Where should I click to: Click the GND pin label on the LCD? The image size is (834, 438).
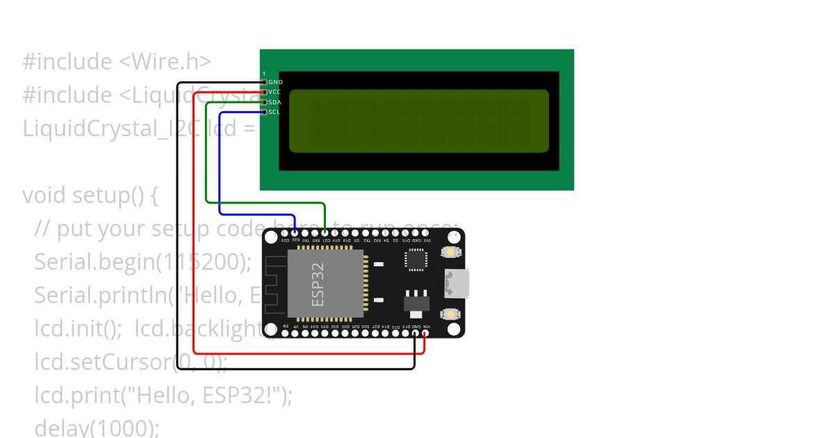click(276, 82)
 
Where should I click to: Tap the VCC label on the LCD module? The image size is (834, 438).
click(275, 92)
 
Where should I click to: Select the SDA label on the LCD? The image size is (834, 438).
click(275, 102)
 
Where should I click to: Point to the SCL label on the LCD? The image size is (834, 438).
click(275, 112)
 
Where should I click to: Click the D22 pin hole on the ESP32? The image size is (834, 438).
click(295, 233)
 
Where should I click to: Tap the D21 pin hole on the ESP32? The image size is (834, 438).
click(325, 233)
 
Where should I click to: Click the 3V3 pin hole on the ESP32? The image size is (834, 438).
click(426, 233)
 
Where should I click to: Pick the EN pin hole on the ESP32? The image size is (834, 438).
click(285, 333)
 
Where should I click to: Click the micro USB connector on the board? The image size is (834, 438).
click(459, 283)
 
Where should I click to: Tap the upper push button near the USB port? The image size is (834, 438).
click(452, 252)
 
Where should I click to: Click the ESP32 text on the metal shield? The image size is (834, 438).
click(318, 284)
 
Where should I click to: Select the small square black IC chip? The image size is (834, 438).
click(416, 259)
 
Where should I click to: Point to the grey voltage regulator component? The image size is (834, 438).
click(416, 300)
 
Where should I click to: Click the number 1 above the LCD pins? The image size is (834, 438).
click(264, 74)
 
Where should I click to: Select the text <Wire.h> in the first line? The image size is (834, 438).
click(165, 62)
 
